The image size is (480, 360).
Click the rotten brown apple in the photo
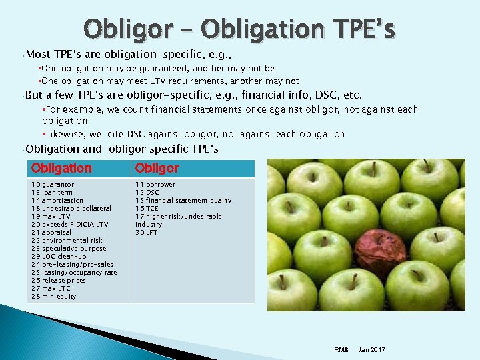tap(381, 253)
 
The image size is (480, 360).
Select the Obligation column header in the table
tap(61, 168)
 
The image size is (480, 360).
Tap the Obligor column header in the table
tap(157, 168)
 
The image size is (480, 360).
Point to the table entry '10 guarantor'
tap(53, 185)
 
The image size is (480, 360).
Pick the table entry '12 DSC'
tap(147, 193)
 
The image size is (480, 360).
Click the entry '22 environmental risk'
tap(67, 241)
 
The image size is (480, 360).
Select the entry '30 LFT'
tap(147, 233)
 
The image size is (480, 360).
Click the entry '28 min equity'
tap(54, 297)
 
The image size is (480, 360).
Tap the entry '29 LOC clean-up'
tap(59, 257)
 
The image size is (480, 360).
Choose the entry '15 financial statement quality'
tap(183, 201)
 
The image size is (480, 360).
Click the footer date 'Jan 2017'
tap(371, 350)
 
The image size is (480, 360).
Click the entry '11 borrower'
tap(155, 185)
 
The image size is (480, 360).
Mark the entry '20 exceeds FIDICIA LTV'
tap(69, 225)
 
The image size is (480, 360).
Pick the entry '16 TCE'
tap(147, 209)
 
